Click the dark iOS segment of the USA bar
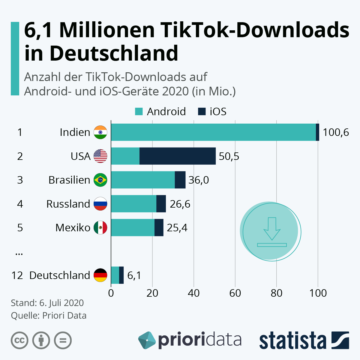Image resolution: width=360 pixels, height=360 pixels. click(178, 156)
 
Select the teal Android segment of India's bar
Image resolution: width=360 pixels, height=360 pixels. click(213, 132)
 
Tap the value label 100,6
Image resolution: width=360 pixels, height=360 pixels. click(336, 132)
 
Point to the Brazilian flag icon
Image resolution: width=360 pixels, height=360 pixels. click(100, 180)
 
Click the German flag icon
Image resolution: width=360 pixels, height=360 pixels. click(100, 275)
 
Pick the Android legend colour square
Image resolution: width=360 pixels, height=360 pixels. click(139, 112)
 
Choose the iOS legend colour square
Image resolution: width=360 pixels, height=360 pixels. click(202, 112)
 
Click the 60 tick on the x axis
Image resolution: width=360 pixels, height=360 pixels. click(235, 293)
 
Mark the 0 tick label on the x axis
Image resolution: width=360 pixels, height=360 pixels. click(111, 293)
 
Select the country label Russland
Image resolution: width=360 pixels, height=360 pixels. click(68, 204)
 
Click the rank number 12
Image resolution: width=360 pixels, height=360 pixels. click(17, 275)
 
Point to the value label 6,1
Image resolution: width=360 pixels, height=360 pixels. click(134, 275)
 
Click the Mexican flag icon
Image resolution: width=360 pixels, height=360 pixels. click(100, 228)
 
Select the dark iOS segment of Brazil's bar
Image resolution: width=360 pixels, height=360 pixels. click(180, 180)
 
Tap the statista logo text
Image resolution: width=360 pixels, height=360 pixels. click(292, 341)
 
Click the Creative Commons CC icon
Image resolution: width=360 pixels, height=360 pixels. click(19, 340)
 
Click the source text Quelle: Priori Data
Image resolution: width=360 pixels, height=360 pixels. click(49, 316)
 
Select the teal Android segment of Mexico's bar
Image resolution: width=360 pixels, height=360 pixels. click(133, 228)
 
